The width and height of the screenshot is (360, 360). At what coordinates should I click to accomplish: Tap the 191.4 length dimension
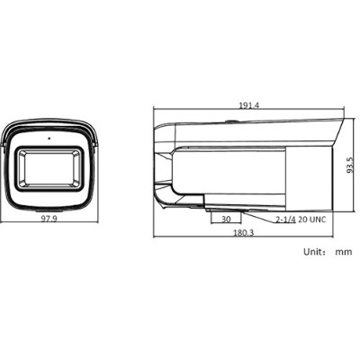point(249,105)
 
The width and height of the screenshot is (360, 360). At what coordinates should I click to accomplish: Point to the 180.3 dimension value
point(243,232)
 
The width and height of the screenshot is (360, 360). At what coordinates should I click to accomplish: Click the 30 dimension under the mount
point(225,219)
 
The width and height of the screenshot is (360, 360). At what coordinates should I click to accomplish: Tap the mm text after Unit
point(343,253)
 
